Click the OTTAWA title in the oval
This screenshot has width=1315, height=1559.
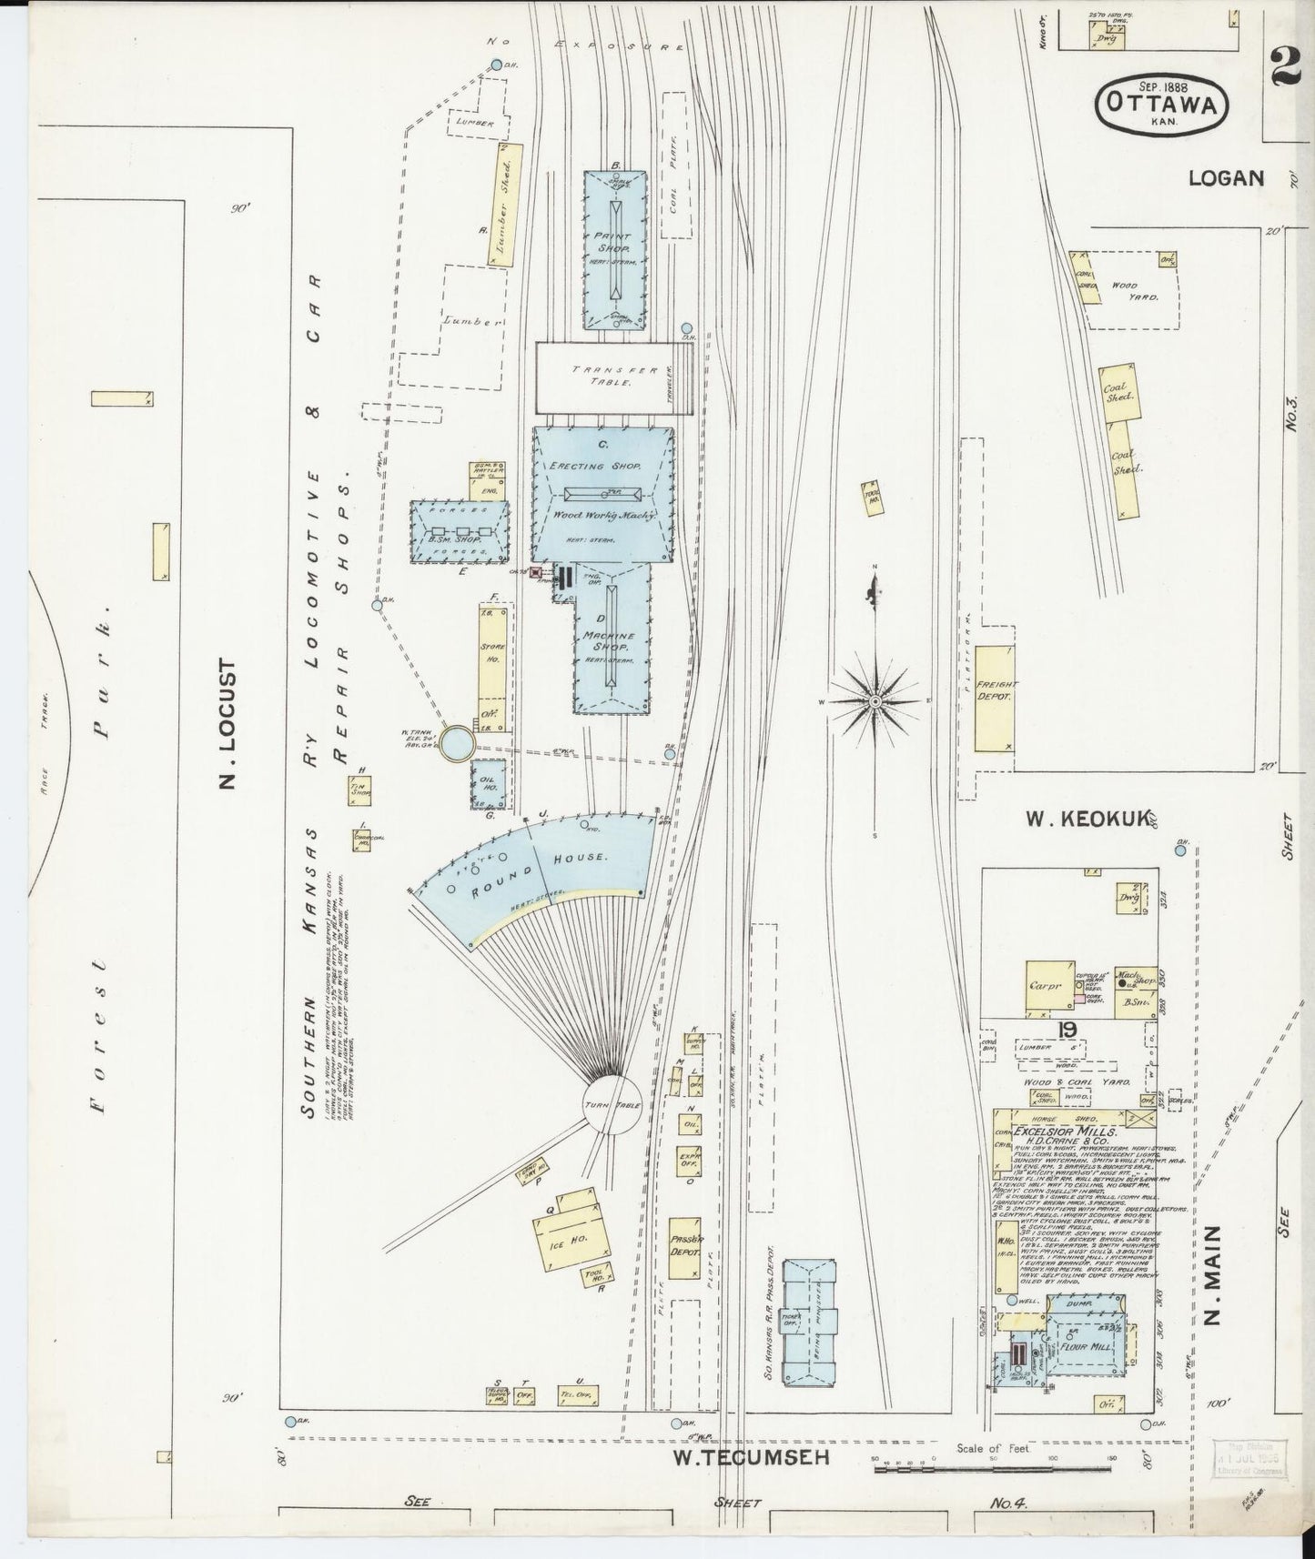click(x=1162, y=104)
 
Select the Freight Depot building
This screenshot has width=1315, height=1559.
click(x=994, y=698)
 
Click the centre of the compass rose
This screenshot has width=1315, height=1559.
click(x=874, y=701)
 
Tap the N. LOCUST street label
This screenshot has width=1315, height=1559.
click(x=228, y=725)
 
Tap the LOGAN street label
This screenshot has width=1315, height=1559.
click(x=1226, y=178)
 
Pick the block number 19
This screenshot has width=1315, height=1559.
click(x=1067, y=1029)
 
